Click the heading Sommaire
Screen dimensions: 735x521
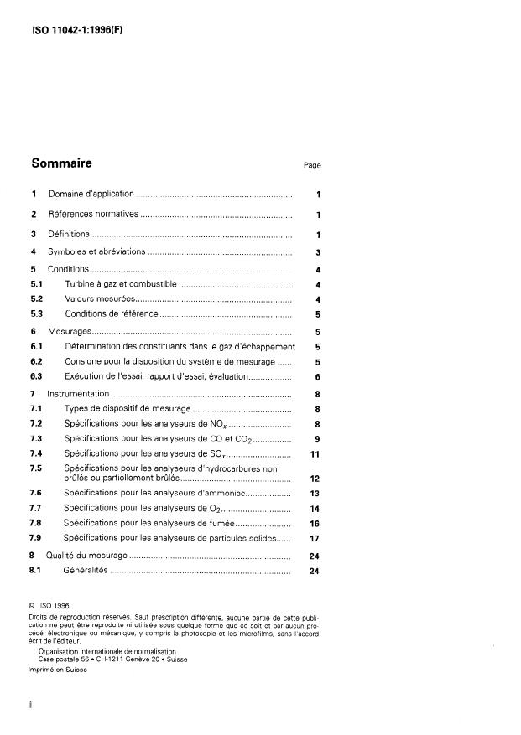61,163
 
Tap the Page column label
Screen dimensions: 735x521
312,165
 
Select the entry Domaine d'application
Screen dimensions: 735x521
91,194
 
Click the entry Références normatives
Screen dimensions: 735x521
93,215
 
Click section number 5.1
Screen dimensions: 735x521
37,285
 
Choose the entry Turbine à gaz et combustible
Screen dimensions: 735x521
120,285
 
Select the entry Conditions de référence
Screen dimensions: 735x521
111,313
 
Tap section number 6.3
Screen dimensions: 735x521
37,377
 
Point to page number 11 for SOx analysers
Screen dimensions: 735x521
316,453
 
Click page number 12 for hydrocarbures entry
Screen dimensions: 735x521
315,479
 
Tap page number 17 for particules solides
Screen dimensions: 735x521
315,537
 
